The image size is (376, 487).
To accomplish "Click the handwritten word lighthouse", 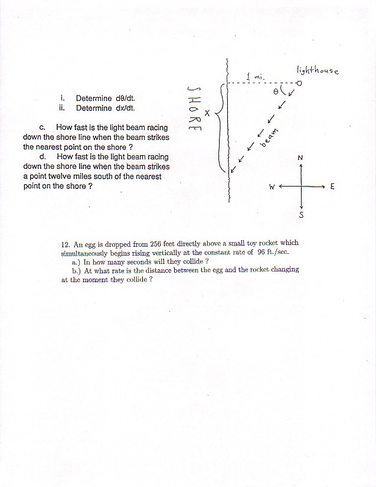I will pos(318,70).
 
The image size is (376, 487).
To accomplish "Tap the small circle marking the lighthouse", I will pos(300,83).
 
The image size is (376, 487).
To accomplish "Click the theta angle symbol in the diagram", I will pos(277,92).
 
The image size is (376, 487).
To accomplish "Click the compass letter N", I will pos(300,158).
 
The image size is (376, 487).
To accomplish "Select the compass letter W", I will pos(272,187).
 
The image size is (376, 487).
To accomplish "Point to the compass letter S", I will pos(302,215).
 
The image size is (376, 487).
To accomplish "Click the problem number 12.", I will pos(66,243).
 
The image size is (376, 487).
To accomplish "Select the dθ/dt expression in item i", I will pos(130,98).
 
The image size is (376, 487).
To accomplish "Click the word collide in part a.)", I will pos(190,261).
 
